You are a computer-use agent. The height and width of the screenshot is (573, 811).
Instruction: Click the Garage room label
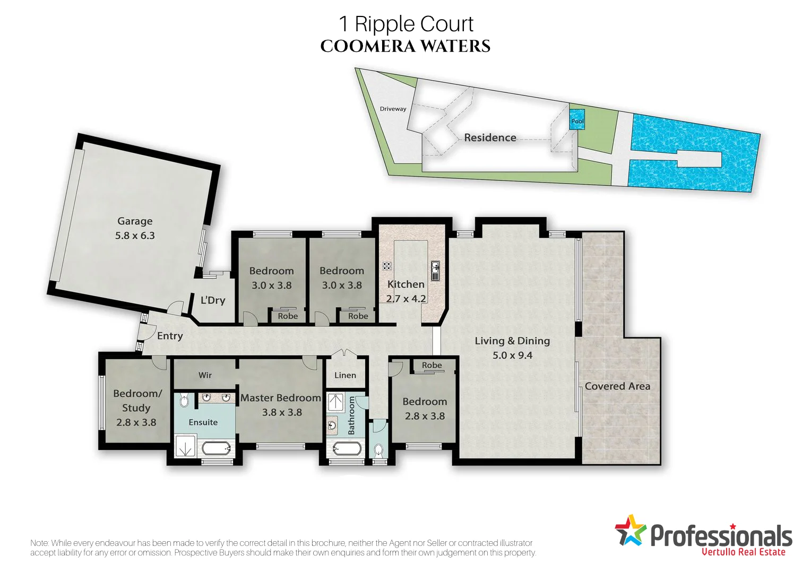pyautogui.click(x=135, y=221)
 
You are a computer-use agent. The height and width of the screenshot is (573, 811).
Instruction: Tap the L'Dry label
pyautogui.click(x=213, y=300)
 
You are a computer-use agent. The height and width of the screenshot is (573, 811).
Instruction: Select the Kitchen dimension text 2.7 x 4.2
pyautogui.click(x=406, y=299)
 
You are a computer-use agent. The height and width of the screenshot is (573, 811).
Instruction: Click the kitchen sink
pyautogui.click(x=435, y=270)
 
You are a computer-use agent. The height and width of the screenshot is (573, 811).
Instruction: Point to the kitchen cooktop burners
pyautogui.click(x=387, y=266)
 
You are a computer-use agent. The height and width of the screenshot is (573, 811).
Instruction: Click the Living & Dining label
pyautogui.click(x=512, y=341)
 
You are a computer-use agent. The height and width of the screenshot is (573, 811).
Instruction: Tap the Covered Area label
pyautogui.click(x=617, y=386)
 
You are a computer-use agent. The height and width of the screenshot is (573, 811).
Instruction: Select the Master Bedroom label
pyautogui.click(x=281, y=398)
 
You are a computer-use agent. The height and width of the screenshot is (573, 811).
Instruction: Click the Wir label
pyautogui.click(x=205, y=375)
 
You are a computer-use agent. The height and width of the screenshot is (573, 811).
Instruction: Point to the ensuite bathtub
pyautogui.click(x=217, y=449)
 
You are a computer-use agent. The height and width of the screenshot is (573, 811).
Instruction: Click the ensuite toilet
pyautogui.click(x=184, y=401)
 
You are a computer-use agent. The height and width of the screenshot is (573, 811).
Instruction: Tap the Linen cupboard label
pyautogui.click(x=345, y=375)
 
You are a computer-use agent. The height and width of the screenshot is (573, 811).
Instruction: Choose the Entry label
pyautogui.click(x=170, y=336)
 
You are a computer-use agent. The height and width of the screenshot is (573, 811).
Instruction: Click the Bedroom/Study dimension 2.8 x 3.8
pyautogui.click(x=136, y=422)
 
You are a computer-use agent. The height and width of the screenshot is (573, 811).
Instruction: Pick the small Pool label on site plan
pyautogui.click(x=577, y=121)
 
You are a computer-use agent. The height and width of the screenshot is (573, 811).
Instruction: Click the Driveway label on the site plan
pyautogui.click(x=393, y=109)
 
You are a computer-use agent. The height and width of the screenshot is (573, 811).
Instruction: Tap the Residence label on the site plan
pyautogui.click(x=490, y=137)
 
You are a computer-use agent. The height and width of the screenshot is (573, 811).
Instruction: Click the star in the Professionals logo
pyautogui.click(x=630, y=530)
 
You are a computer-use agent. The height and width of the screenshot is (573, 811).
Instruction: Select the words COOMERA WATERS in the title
pyautogui.click(x=405, y=46)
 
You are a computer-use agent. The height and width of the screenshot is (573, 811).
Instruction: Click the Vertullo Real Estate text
pyautogui.click(x=743, y=552)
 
